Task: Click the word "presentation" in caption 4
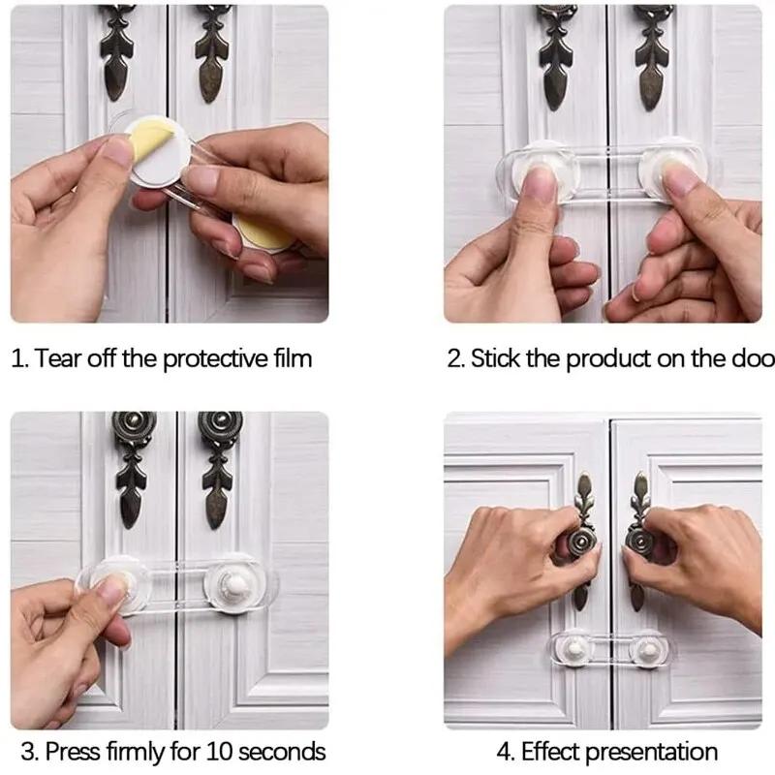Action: (654, 751)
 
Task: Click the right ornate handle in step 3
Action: (222, 465)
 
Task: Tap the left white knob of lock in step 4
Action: (575, 647)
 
